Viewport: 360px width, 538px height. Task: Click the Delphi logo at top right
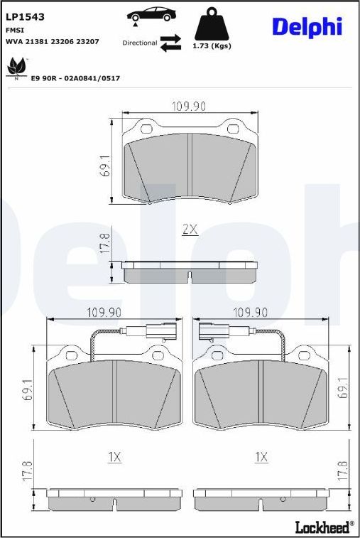[x=307, y=27]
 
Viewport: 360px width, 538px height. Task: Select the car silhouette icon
[x=153, y=15]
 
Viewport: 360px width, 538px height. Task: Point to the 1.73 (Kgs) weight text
[x=212, y=45]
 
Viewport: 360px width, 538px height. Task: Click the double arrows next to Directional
[x=170, y=43]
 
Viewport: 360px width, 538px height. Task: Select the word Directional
[x=139, y=43]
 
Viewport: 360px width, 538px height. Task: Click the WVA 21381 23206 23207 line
[x=53, y=42]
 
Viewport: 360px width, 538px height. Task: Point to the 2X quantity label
[x=190, y=230]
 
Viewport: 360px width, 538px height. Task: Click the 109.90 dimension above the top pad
[x=189, y=106]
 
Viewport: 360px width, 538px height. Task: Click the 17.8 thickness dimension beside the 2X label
[x=104, y=244]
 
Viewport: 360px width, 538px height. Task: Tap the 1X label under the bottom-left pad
[x=115, y=457]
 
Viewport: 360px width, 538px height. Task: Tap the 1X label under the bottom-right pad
[x=262, y=457]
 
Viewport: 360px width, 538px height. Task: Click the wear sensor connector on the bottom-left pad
[x=165, y=329]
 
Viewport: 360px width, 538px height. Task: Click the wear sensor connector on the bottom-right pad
[x=211, y=329]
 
